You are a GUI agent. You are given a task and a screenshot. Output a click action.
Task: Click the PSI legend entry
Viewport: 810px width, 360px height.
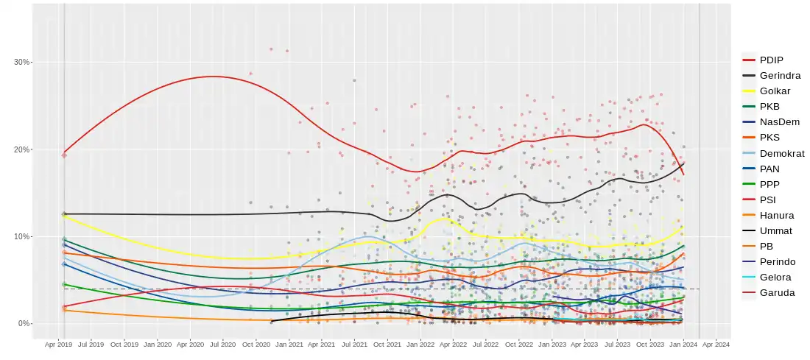coord(767,200)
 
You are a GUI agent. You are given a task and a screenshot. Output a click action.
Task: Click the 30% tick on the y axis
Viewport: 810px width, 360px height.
coord(21,63)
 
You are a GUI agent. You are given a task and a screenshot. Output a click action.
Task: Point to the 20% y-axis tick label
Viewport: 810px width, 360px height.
coord(21,149)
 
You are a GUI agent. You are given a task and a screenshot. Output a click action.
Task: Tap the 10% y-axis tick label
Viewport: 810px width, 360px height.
coord(21,236)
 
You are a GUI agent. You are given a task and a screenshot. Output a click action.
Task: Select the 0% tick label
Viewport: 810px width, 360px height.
coord(24,323)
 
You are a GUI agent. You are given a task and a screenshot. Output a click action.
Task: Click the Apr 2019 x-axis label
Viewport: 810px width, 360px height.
coord(58,344)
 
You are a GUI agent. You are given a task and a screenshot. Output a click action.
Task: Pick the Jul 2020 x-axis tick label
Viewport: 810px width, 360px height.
coord(222,344)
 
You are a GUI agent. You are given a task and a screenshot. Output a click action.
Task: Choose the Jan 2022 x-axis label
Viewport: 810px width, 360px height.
coord(420,344)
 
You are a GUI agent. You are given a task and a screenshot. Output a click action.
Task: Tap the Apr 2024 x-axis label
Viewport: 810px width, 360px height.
coord(716,344)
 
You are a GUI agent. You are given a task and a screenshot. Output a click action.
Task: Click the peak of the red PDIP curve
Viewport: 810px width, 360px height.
coord(212,77)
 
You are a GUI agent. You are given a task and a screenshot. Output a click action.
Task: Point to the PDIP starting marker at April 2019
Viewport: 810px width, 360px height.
coord(64,155)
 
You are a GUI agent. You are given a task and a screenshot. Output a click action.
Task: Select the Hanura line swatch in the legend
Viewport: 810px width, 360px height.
coord(749,215)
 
